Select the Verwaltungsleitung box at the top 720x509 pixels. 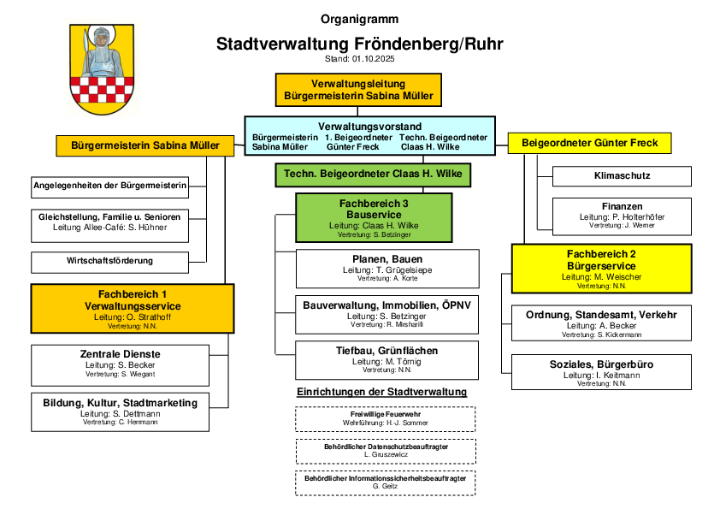tap(359, 90)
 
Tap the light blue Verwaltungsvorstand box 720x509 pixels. tap(369, 136)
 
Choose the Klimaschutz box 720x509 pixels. tap(622, 176)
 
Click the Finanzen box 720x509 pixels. tap(622, 216)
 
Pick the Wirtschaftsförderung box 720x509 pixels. tap(109, 261)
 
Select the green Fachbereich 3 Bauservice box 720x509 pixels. tap(374, 217)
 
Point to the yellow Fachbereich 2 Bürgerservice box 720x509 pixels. tap(601, 269)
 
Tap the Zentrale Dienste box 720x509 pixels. tap(120, 363)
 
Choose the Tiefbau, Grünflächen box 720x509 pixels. tap(387, 359)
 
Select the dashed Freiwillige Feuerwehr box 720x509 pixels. tap(386, 418)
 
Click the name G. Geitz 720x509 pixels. tap(386, 486)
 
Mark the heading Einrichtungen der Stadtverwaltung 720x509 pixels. tap(381, 392)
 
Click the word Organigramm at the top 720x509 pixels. tap(359, 19)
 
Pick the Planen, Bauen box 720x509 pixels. tap(387, 268)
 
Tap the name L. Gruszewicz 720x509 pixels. tap(386, 454)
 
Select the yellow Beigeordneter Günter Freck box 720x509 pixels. tap(590, 143)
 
